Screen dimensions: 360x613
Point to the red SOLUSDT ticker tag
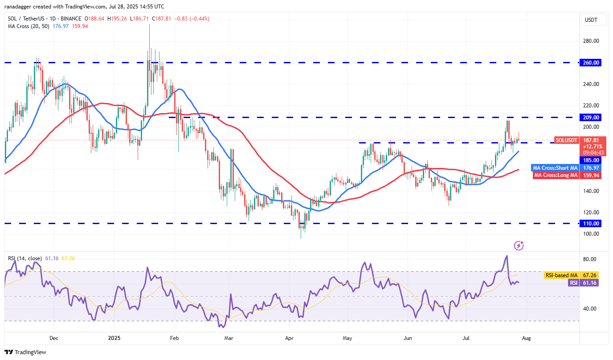(567, 140)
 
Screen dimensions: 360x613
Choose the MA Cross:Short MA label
(555, 168)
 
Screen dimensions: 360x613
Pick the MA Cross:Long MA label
(556, 175)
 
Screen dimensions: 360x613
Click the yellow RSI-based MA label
(560, 275)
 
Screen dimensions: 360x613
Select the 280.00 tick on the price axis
(591, 41)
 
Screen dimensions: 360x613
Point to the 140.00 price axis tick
(591, 191)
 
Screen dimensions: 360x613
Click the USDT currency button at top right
(591, 20)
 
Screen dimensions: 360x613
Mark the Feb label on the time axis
(174, 338)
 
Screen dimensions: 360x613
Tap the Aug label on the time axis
(526, 338)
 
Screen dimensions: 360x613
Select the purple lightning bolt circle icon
(519, 245)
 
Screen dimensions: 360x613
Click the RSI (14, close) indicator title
(25, 258)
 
